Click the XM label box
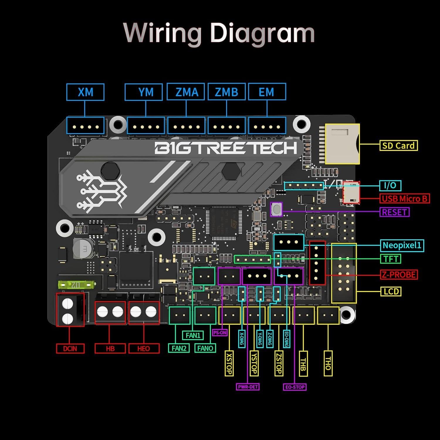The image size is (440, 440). (x=85, y=92)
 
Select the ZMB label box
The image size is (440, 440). (x=226, y=92)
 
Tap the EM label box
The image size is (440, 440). (x=267, y=92)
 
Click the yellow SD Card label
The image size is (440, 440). (x=398, y=145)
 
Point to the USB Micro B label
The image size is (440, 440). (x=404, y=199)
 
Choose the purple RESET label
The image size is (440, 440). (x=395, y=212)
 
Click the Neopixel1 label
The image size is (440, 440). (x=402, y=245)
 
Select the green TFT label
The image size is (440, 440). (x=391, y=259)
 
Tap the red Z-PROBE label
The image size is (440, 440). (x=399, y=275)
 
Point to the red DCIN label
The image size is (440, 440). (x=70, y=348)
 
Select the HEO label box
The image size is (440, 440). (x=143, y=348)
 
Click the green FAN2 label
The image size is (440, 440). (x=179, y=348)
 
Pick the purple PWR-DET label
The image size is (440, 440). (x=248, y=387)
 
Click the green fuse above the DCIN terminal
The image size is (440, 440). (x=76, y=285)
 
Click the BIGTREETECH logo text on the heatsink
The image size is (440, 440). (x=226, y=148)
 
